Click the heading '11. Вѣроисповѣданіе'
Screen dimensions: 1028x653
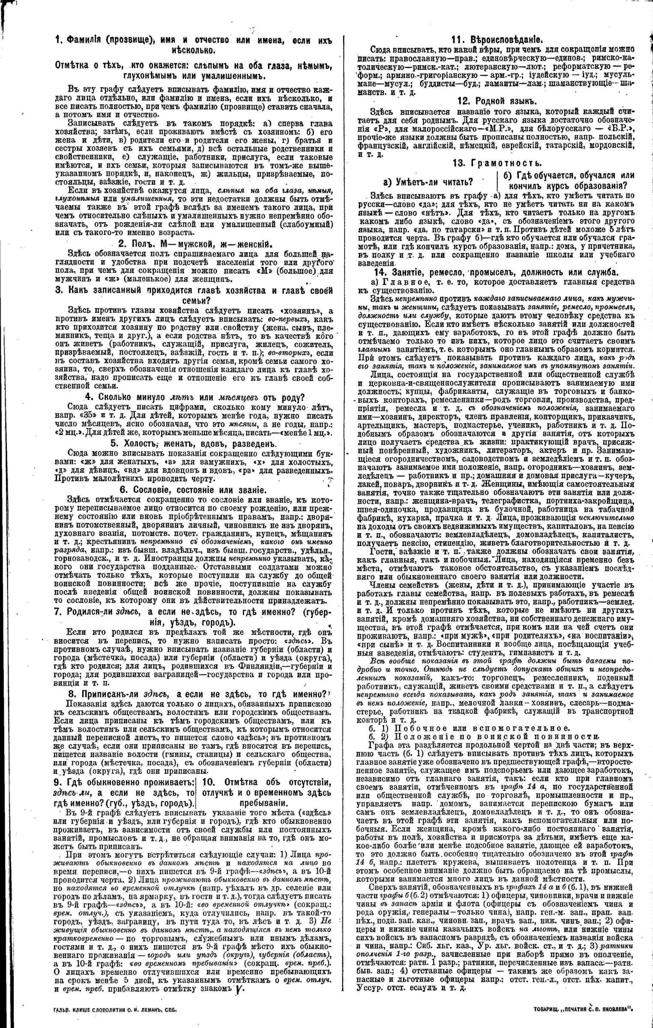[496, 40]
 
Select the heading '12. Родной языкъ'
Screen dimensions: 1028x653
[496, 102]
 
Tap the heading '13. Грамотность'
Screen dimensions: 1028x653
[497, 163]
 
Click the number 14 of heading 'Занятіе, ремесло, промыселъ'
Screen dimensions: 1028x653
[381, 272]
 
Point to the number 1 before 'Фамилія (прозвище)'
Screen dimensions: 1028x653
[58, 40]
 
